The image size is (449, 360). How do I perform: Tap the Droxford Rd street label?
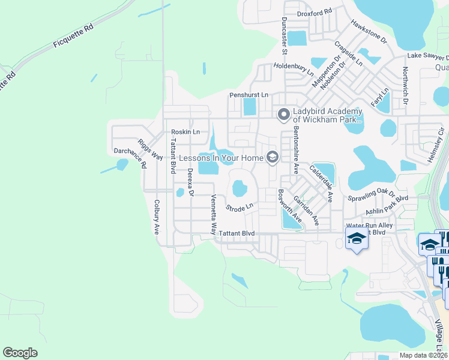click(315, 13)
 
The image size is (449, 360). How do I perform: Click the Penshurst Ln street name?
click(249, 95)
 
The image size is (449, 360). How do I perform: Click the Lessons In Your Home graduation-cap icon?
click(272, 157)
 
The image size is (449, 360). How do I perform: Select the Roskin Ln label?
click(185, 132)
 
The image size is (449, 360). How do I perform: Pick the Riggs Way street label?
click(150, 149)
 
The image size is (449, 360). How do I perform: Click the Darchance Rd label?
click(129, 157)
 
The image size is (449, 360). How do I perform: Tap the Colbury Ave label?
click(156, 216)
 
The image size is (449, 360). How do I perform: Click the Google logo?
click(20, 353)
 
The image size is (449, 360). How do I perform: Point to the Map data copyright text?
click(424, 355)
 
